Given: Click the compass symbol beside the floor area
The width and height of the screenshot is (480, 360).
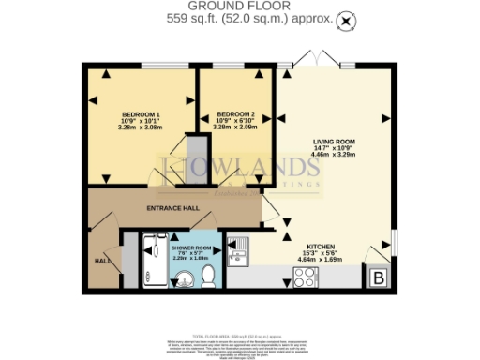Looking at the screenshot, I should tap(347, 19).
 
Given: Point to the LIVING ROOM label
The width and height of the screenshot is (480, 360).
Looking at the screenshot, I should tap(333, 142).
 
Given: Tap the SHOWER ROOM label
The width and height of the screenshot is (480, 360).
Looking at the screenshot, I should tap(190, 247).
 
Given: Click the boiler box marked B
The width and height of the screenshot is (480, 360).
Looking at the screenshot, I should tap(378, 278).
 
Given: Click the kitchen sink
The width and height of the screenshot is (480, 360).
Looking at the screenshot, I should tap(239, 252).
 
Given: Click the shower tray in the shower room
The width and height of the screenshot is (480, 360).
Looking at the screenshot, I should tap(152, 261).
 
